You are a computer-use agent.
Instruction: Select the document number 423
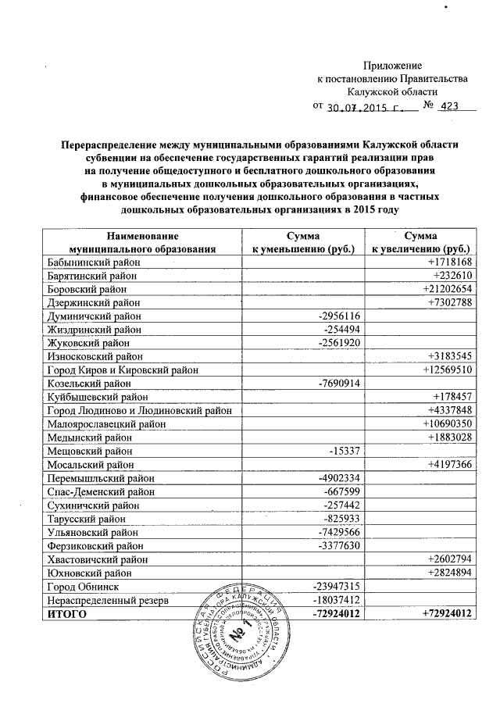(449, 107)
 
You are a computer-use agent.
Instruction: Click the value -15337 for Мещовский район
(341, 451)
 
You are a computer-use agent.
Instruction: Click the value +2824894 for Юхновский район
(451, 573)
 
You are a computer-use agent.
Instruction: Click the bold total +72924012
(448, 614)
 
